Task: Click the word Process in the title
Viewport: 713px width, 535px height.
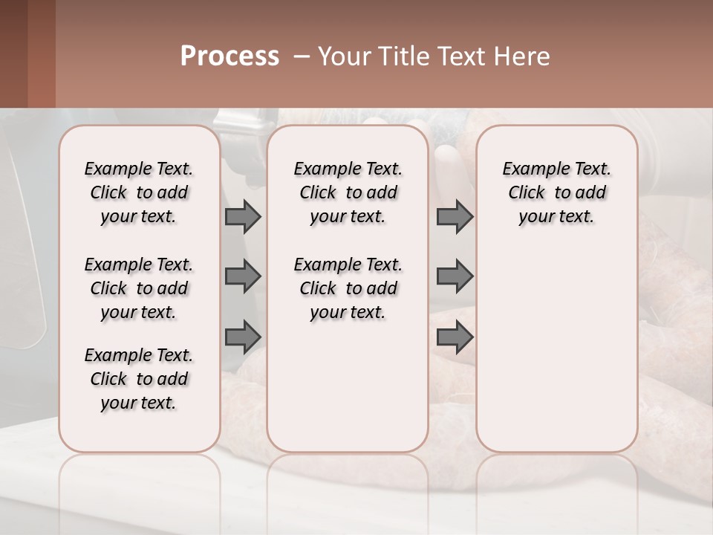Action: click(x=229, y=56)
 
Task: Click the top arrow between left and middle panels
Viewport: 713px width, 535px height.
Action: click(x=243, y=217)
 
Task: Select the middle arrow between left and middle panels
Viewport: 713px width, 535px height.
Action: click(x=243, y=277)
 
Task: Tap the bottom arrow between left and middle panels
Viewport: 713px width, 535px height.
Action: click(x=243, y=337)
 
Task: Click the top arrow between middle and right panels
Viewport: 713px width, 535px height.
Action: click(x=455, y=217)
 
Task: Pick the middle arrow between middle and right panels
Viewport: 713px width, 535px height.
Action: click(x=455, y=277)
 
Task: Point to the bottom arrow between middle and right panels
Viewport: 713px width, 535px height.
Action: click(x=455, y=337)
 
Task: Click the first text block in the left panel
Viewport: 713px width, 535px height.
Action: click(x=139, y=192)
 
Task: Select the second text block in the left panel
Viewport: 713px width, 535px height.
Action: click(x=139, y=288)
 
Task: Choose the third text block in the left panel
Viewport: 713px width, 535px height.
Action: click(x=139, y=379)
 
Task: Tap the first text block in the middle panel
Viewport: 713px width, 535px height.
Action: click(x=348, y=192)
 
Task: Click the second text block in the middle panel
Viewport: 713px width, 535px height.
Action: click(x=348, y=288)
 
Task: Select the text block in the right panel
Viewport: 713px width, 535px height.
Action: click(x=557, y=192)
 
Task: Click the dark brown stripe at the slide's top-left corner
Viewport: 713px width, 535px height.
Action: click(x=13, y=53)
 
